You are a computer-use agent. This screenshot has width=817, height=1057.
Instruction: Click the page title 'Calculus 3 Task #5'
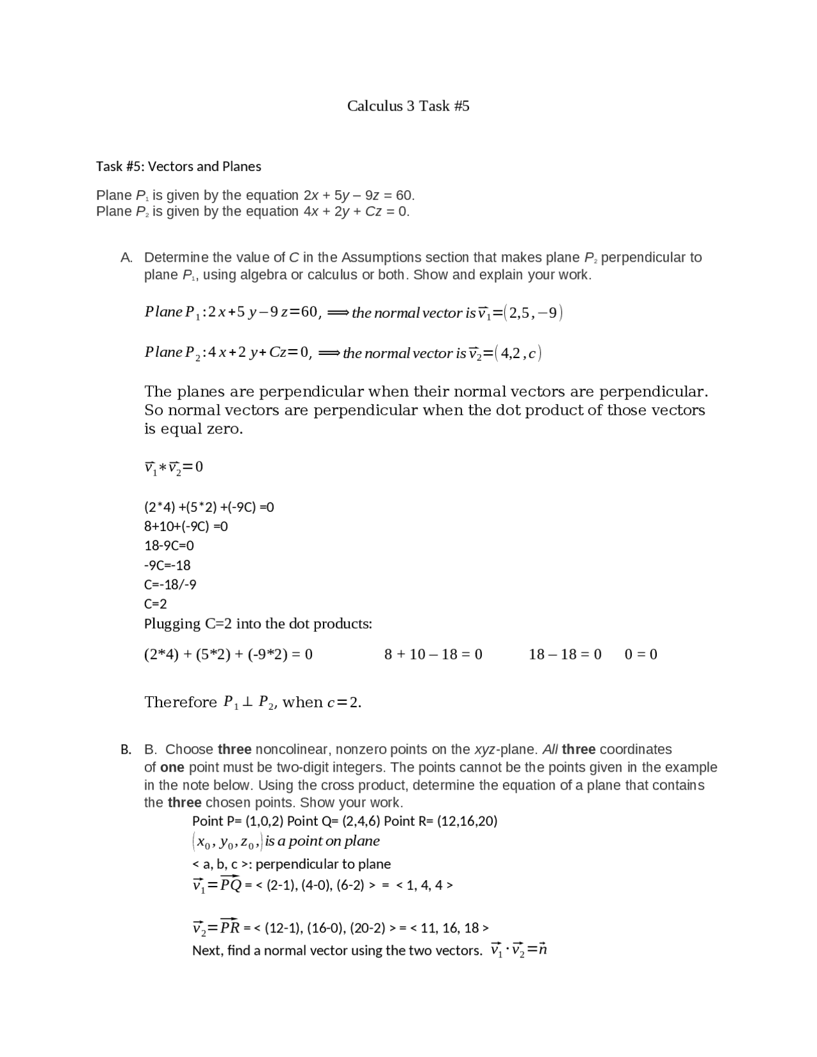click(x=408, y=106)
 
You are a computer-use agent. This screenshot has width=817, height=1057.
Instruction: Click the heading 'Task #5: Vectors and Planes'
click(x=178, y=167)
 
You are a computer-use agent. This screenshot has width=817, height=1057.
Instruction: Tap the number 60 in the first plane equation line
click(x=403, y=195)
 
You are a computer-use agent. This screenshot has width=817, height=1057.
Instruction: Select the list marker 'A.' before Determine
click(x=126, y=258)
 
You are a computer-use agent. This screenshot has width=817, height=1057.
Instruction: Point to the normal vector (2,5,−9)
click(x=533, y=313)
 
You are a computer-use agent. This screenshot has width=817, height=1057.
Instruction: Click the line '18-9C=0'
click(x=169, y=546)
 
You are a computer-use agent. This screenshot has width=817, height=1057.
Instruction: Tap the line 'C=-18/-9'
click(x=170, y=585)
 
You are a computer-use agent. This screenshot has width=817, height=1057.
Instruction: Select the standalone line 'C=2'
click(x=156, y=604)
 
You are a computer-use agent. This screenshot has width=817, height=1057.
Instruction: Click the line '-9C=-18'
click(x=167, y=566)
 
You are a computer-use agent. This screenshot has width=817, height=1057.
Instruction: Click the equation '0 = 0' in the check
click(x=641, y=654)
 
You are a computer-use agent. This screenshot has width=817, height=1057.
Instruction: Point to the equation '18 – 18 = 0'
click(x=565, y=654)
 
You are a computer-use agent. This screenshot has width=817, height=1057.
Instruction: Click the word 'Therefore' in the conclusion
click(x=181, y=703)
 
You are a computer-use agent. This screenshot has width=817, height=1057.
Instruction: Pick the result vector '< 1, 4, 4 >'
click(x=424, y=885)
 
